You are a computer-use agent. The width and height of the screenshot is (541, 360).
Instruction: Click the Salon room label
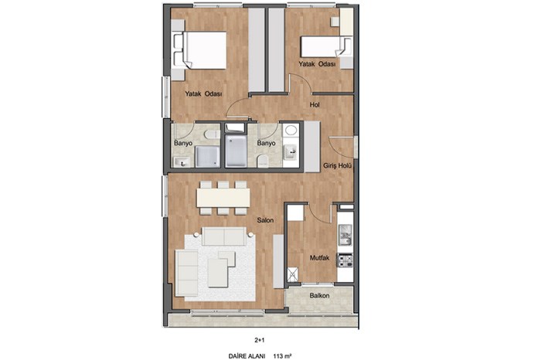(x=265, y=220)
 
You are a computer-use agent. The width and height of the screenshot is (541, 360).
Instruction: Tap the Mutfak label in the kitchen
(x=319, y=258)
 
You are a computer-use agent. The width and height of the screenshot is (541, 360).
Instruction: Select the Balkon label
(x=319, y=296)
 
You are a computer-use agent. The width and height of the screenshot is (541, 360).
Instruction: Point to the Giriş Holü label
(x=337, y=166)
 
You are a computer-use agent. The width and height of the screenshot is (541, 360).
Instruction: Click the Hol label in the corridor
(x=315, y=105)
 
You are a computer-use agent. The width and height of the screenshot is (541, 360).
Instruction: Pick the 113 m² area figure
(x=283, y=356)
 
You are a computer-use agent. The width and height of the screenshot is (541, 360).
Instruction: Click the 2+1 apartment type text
(x=260, y=341)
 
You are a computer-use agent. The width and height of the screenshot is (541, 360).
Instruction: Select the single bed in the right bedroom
(x=326, y=47)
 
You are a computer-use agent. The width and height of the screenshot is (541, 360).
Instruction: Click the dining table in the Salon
(x=223, y=198)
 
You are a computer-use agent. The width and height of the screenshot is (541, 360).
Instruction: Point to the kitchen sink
(x=345, y=235)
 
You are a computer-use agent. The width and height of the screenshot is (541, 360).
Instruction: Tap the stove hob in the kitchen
(x=345, y=260)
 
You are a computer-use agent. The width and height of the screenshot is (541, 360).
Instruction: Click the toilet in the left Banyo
(x=210, y=135)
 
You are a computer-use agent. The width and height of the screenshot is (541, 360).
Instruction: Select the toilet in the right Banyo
(x=264, y=161)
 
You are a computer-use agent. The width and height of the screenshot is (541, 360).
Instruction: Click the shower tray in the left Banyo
(x=208, y=157)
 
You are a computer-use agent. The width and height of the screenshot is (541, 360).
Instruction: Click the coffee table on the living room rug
(x=218, y=273)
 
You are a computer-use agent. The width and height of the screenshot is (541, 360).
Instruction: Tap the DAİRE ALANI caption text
(x=247, y=356)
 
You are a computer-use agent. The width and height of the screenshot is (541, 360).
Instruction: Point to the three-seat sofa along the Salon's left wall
(x=187, y=273)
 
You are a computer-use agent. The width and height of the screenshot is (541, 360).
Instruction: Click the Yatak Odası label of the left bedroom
(x=203, y=93)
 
